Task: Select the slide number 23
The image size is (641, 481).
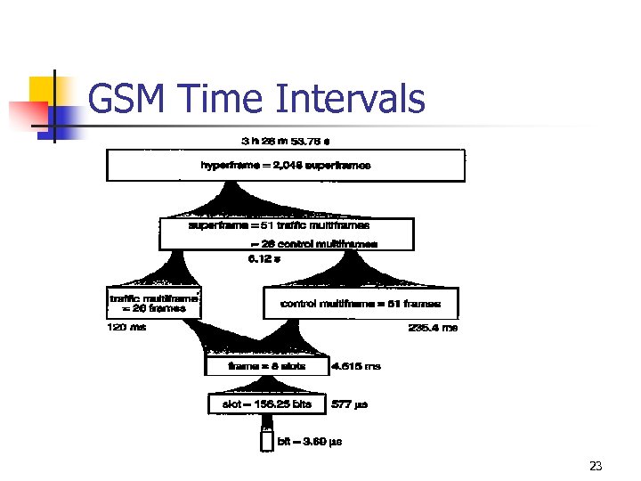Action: pyautogui.click(x=596, y=466)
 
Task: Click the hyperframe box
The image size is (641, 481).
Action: pyautogui.click(x=286, y=166)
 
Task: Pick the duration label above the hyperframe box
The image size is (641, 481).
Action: pyautogui.click(x=286, y=141)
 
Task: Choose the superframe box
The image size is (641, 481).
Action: pyautogui.click(x=287, y=233)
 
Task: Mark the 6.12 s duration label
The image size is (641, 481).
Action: pyautogui.click(x=264, y=259)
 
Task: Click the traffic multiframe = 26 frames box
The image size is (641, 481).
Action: pyautogui.click(x=153, y=303)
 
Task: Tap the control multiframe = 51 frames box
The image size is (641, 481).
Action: pyautogui.click(x=361, y=304)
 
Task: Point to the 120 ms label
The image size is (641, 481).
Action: pyautogui.click(x=125, y=328)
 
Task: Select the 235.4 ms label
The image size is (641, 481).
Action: pyautogui.click(x=433, y=328)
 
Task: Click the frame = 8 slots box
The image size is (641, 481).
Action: pyautogui.click(x=267, y=366)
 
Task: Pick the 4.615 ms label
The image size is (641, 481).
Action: pyautogui.click(x=356, y=366)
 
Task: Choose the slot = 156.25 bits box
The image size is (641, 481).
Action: pyautogui.click(x=267, y=404)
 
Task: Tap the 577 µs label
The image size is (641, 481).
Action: pyautogui.click(x=349, y=404)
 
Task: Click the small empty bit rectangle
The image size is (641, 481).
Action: pyautogui.click(x=266, y=440)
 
